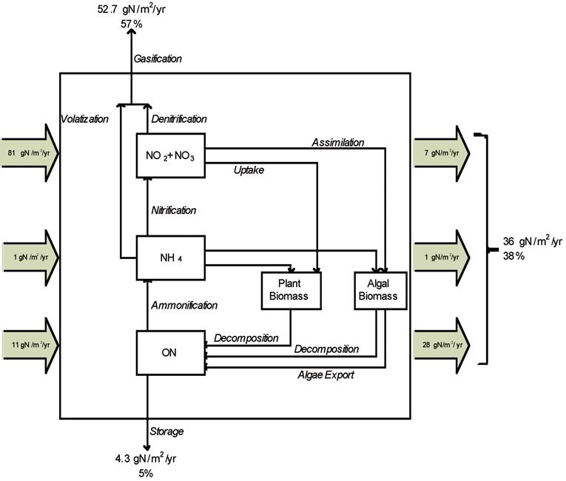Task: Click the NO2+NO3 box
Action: pyautogui.click(x=171, y=156)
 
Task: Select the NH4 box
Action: pyautogui.click(x=171, y=258)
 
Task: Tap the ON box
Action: pyautogui.click(x=171, y=352)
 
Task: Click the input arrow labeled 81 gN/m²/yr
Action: pyautogui.click(x=30, y=153)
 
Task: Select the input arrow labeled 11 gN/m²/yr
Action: pyautogui.click(x=30, y=346)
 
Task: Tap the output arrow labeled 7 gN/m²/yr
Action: pyautogui.click(x=441, y=153)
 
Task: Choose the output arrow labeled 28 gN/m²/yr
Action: pyautogui.click(x=441, y=346)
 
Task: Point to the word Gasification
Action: pyautogui.click(x=158, y=58)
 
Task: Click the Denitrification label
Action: pyautogui.click(x=178, y=119)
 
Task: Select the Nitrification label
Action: pyautogui.click(x=173, y=210)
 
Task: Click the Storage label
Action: pyautogui.click(x=166, y=431)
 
